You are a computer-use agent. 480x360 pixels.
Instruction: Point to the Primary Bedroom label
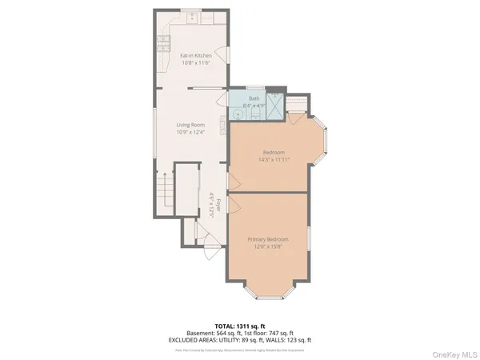[x=267, y=240]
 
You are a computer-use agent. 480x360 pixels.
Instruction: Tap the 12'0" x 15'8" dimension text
[x=267, y=247]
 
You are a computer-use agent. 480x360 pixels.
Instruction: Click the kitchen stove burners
[x=163, y=39]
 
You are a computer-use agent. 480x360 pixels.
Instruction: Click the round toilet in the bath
[x=237, y=114]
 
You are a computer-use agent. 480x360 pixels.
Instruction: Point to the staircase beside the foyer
[x=166, y=193]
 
